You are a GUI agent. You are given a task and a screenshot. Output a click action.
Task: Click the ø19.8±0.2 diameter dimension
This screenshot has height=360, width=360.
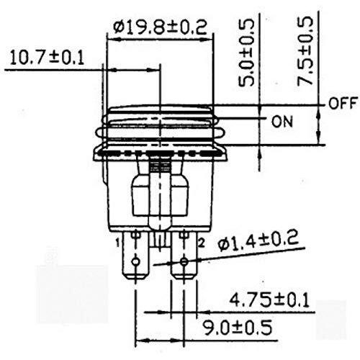(161, 27)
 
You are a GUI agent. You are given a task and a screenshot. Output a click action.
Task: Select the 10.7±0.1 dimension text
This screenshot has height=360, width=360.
(47, 58)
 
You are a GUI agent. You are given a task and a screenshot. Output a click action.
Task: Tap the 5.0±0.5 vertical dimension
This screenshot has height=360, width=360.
(246, 53)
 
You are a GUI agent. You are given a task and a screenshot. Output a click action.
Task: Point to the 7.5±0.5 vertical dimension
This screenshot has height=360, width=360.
(305, 51)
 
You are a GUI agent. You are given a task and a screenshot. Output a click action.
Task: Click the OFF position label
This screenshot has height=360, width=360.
(343, 103)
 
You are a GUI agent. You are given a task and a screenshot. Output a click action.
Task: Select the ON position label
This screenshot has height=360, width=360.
(282, 122)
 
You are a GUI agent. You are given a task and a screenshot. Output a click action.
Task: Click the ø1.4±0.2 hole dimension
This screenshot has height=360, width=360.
(258, 242)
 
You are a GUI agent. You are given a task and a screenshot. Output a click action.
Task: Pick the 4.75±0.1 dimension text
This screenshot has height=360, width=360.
(269, 300)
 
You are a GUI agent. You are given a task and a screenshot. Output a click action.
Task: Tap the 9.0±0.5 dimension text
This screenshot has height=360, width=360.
(238, 328)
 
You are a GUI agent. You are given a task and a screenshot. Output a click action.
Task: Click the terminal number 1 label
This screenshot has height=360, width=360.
(118, 243)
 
